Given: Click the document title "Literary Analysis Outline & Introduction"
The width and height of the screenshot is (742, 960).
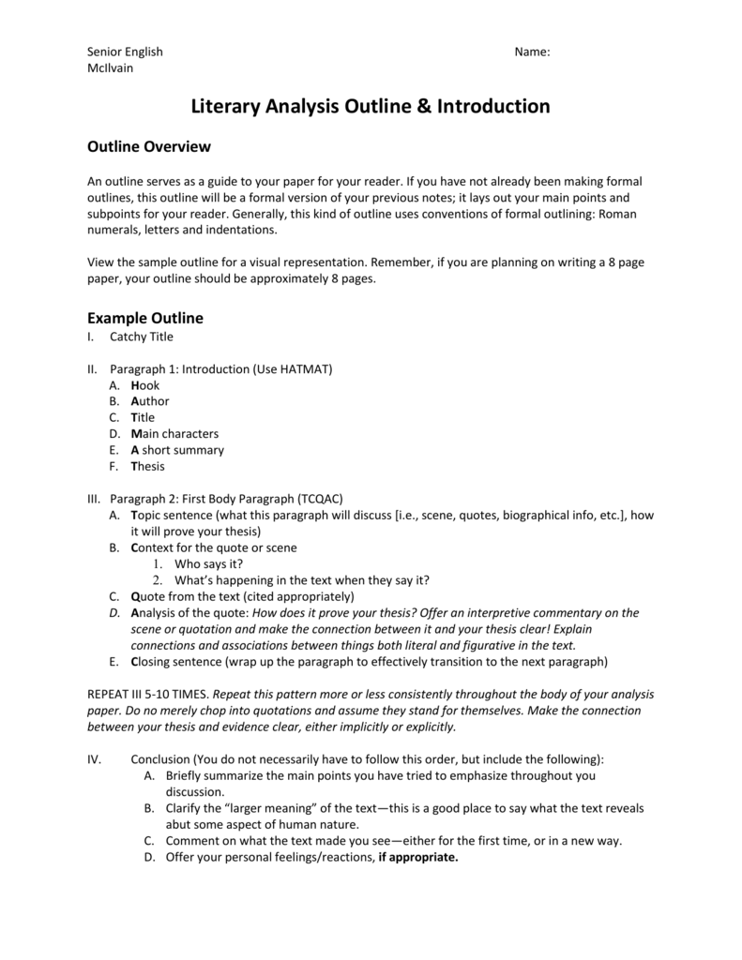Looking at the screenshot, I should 371,107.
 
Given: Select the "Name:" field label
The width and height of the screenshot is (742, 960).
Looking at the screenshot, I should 532,52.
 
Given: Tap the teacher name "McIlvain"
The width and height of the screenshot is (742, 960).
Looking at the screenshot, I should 110,68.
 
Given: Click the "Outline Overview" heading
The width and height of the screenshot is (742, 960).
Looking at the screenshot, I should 149,147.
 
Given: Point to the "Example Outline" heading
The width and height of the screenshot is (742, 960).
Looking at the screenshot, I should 145,318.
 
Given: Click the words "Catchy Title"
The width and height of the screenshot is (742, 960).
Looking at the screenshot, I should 142,337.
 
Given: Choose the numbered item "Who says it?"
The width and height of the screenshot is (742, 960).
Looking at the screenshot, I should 209,563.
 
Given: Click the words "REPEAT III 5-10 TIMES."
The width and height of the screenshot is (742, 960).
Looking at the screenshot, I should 149,695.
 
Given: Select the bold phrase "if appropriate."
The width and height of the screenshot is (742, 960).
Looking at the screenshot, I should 418,857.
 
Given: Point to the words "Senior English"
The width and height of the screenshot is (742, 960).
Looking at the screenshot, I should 125,52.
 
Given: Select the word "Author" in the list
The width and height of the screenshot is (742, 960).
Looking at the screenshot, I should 150,401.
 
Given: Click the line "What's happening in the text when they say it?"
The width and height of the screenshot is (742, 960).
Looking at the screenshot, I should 302,580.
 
